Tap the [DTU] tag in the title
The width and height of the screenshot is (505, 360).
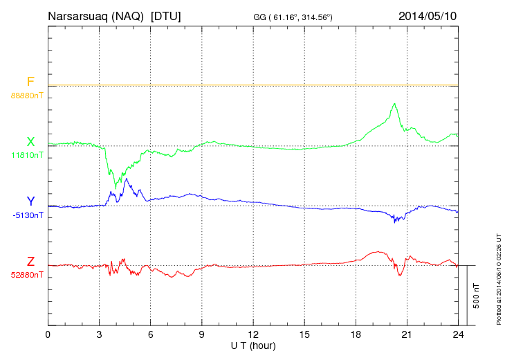click(x=166, y=15)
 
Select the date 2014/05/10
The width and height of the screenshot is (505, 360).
click(x=428, y=15)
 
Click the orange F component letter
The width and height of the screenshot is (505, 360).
click(x=30, y=82)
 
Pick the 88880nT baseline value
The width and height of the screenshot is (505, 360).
click(x=27, y=95)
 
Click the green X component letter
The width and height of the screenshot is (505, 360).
click(x=30, y=142)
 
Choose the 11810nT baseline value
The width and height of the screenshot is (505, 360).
click(x=27, y=155)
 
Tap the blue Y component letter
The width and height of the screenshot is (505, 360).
click(x=30, y=201)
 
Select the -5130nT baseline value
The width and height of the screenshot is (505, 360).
click(x=27, y=215)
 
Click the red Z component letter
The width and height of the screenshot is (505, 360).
click(x=30, y=262)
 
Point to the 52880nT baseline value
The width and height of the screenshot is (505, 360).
click(x=27, y=275)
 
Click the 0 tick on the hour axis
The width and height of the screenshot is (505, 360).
click(x=48, y=335)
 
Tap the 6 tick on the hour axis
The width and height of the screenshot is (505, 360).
click(x=151, y=335)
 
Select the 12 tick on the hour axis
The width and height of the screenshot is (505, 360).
click(x=253, y=335)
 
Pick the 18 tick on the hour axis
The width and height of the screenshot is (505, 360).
click(x=356, y=335)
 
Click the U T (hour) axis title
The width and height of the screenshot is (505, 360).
click(x=253, y=345)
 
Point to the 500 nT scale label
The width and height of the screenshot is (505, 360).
click(x=477, y=296)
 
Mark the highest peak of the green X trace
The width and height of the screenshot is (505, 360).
click(x=394, y=104)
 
